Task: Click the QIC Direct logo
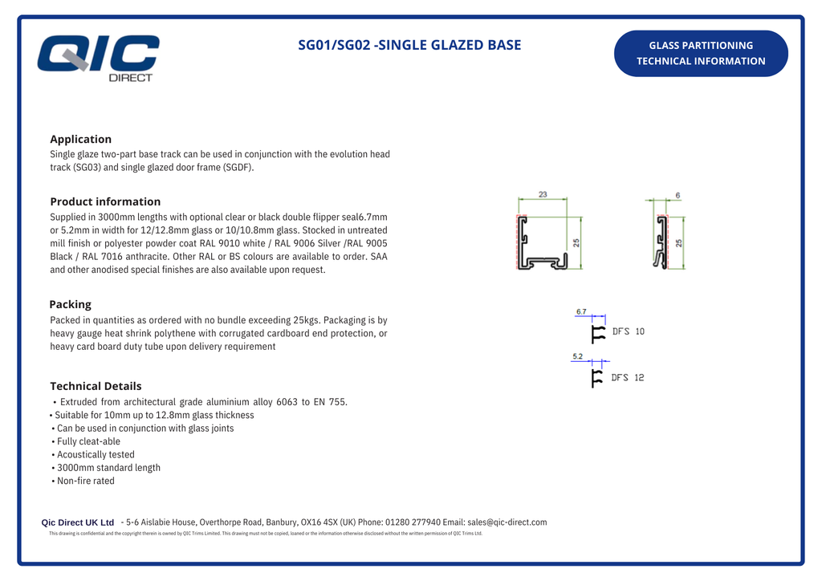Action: tap(99, 57)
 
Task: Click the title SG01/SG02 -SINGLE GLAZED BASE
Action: tap(409, 45)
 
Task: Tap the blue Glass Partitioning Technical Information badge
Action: tap(701, 53)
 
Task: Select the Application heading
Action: tap(80, 139)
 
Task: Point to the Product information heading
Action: tap(105, 201)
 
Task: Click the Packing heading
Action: tap(70, 304)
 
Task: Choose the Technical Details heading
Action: tap(96, 386)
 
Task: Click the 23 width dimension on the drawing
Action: tap(543, 195)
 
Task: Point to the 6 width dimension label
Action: tap(678, 195)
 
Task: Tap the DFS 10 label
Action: tap(628, 331)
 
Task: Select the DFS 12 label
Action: tap(627, 377)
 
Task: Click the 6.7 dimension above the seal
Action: tap(581, 311)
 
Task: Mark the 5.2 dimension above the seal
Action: tap(578, 356)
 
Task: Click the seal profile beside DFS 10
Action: tap(597, 334)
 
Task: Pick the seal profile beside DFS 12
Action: tap(596, 378)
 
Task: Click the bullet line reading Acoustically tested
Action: tap(95, 454)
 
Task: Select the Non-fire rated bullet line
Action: tap(85, 481)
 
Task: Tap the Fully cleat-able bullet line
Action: tap(88, 441)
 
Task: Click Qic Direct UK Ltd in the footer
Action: tap(78, 522)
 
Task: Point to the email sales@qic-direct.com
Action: tap(507, 522)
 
